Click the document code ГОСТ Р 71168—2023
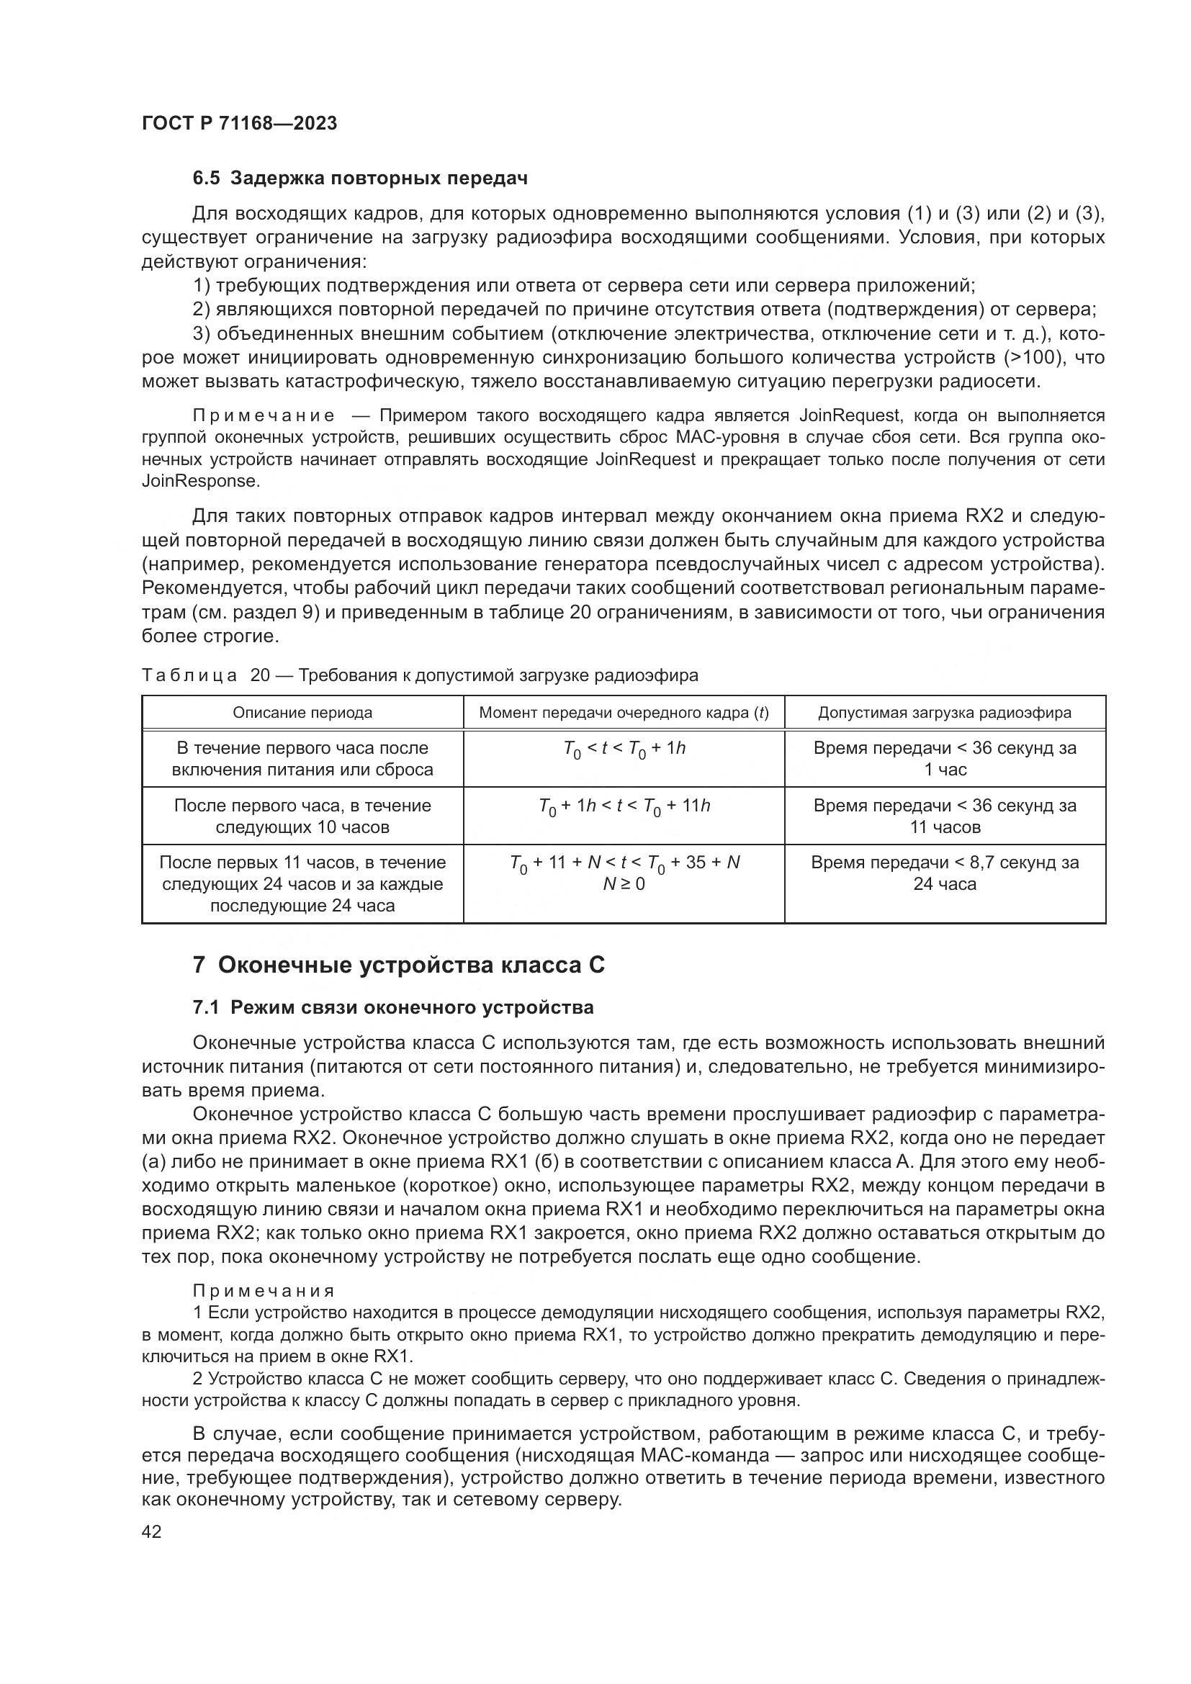point(239,123)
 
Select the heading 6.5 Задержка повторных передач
point(360,179)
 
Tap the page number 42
point(151,1531)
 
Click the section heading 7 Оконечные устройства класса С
point(399,965)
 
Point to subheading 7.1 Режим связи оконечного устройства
point(393,1008)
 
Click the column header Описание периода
point(302,713)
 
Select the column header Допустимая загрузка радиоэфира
point(945,713)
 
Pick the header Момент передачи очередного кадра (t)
point(624,713)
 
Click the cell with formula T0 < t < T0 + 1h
point(624,749)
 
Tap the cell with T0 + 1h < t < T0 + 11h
point(624,807)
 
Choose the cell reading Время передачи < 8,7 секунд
point(945,873)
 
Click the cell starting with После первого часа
point(302,816)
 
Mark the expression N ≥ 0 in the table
point(624,885)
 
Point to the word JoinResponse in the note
point(200,482)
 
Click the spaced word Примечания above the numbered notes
point(264,1291)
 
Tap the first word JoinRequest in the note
point(849,416)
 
